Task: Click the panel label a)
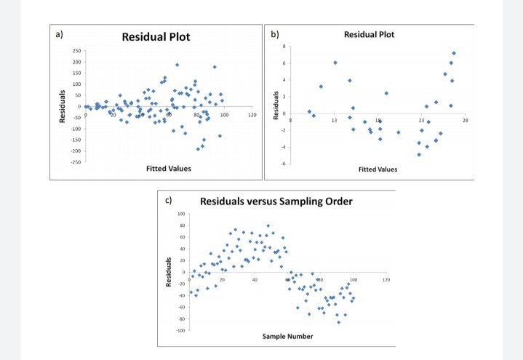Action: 59,34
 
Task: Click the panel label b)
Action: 274,34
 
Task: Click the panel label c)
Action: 169,200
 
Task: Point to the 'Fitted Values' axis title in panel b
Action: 378,169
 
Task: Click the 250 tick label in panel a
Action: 76,51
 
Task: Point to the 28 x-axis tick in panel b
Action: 465,119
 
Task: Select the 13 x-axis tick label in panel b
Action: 334,119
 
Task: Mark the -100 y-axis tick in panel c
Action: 180,331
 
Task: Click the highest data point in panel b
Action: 454,53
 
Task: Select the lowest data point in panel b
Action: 419,154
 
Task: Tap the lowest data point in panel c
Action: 338,321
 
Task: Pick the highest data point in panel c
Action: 268,226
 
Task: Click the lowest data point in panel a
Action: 198,148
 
